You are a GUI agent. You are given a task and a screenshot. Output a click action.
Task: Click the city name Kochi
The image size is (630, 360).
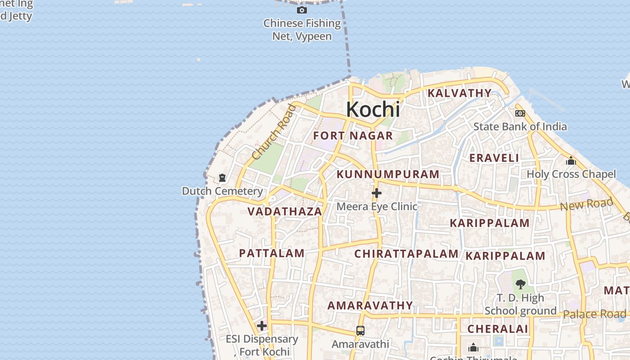tap(373, 109)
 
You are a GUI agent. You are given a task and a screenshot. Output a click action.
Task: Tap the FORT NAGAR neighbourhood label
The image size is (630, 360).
tap(353, 135)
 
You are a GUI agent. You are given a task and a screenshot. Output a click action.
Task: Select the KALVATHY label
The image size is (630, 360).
tap(459, 93)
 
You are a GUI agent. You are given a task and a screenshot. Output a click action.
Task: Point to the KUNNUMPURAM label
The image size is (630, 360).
tap(388, 174)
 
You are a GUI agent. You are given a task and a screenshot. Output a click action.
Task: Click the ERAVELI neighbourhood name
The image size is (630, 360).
tap(494, 158)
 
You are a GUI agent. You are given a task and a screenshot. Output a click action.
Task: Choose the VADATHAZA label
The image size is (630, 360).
tap(285, 211)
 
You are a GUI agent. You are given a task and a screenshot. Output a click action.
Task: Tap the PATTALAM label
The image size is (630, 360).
tap(272, 253)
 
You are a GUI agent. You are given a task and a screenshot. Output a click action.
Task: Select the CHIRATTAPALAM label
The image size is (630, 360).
tap(406, 254)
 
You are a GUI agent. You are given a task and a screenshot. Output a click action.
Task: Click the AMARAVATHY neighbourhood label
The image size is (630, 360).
tap(370, 306)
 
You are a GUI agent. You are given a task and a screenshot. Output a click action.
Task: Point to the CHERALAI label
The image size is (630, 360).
tap(498, 329)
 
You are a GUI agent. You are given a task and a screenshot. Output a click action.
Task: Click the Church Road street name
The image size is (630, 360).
tap(274, 131)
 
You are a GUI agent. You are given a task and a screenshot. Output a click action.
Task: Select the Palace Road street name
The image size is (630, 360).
tap(594, 314)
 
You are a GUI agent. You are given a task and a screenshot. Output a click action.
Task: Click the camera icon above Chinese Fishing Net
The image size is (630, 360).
tap(302, 10)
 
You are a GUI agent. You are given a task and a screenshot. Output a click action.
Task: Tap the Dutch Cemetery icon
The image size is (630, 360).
tap(222, 178)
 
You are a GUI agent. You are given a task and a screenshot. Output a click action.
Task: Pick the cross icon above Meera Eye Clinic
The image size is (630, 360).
tap(377, 193)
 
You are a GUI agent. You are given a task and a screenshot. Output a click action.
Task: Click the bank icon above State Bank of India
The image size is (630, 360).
tap(520, 113)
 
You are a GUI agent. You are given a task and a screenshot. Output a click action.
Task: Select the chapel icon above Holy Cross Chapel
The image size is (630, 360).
tap(571, 161)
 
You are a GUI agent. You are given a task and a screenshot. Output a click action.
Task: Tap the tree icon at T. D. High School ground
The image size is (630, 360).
tap(521, 284)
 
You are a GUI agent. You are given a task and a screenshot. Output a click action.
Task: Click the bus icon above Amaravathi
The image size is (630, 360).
tap(360, 331)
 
